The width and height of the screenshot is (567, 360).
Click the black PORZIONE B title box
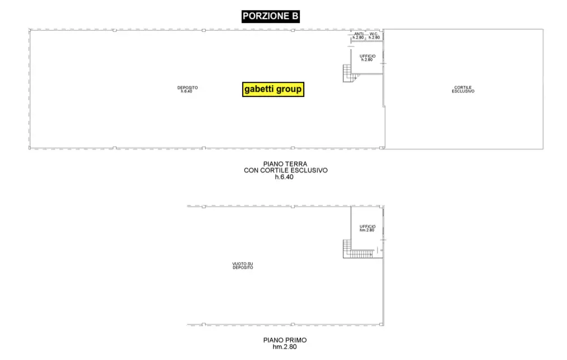click(271, 16)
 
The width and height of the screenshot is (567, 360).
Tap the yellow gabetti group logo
click(273, 89)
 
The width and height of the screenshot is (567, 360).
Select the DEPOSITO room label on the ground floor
click(187, 88)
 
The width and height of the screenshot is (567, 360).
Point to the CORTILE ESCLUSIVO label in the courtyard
click(463, 89)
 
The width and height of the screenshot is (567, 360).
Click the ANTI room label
click(359, 34)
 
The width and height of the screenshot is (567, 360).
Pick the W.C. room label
click(374, 34)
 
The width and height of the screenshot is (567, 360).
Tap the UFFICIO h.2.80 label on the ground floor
click(368, 58)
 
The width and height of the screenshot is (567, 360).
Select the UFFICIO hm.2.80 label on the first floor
click(368, 228)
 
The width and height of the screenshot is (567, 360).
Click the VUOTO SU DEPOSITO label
click(243, 266)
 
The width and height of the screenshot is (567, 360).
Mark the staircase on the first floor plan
click(358, 249)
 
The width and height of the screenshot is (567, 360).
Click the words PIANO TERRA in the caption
click(285, 164)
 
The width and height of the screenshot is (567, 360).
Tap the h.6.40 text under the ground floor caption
click(284, 177)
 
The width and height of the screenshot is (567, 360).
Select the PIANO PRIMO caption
click(285, 340)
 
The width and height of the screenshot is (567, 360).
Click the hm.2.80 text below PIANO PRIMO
click(285, 347)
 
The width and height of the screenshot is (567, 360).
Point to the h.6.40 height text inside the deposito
click(187, 91)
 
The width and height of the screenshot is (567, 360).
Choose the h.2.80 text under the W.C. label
click(374, 38)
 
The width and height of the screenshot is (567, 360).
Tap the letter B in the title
click(295, 16)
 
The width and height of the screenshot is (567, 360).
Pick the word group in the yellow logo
click(289, 89)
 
